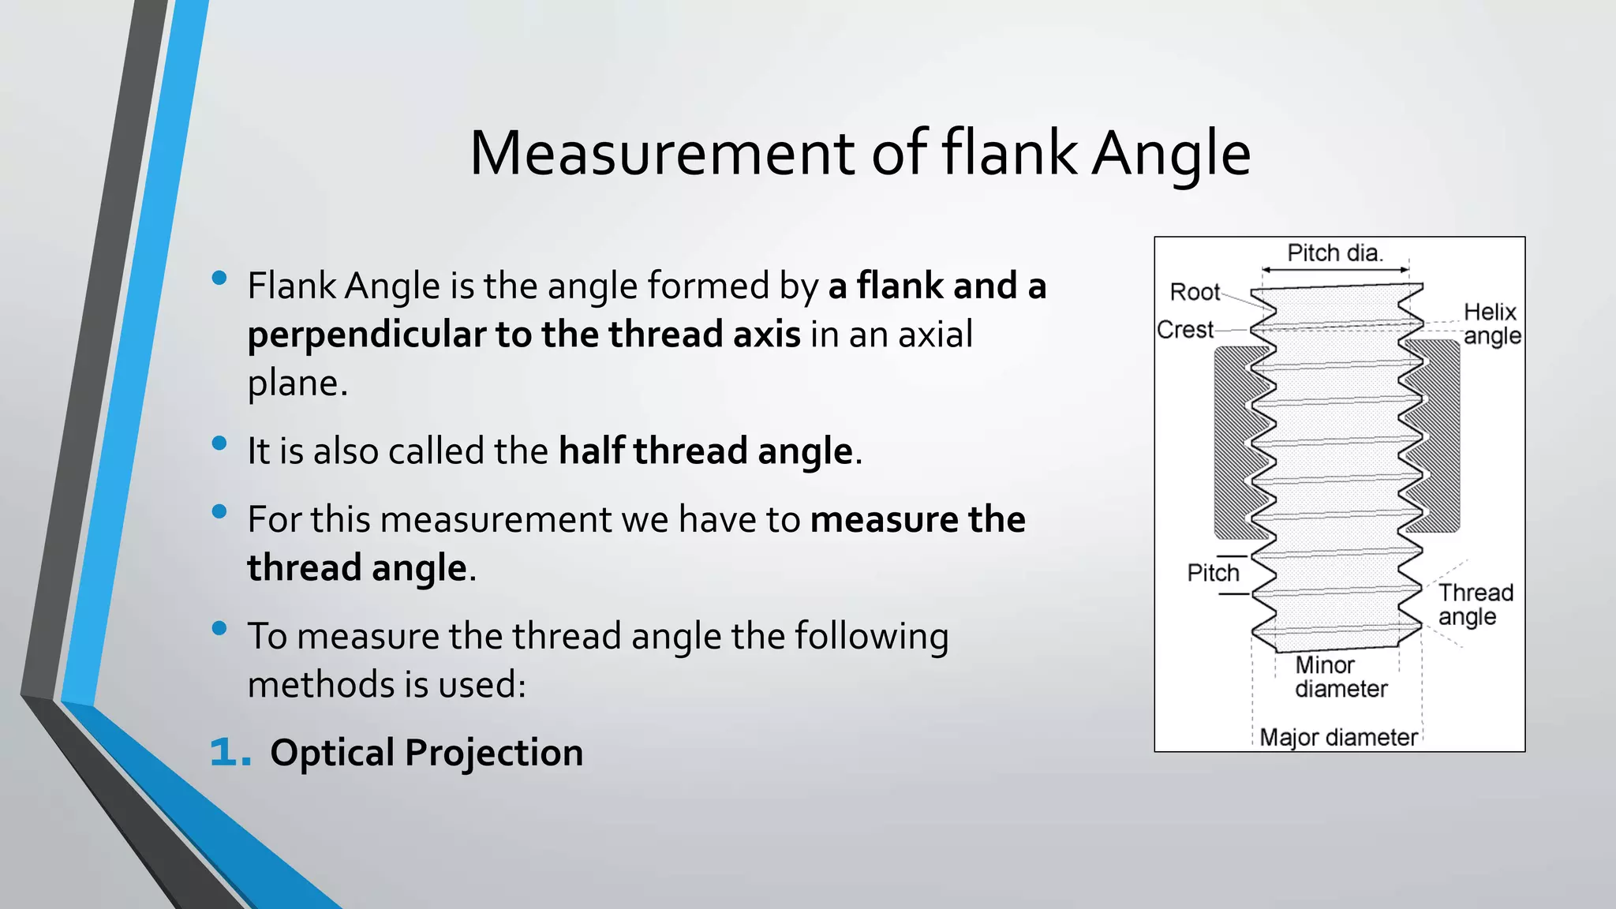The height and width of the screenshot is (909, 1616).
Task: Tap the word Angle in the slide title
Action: (1171, 155)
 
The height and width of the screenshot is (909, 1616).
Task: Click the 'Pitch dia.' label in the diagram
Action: (1335, 253)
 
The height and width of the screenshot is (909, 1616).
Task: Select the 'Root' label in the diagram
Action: (1195, 292)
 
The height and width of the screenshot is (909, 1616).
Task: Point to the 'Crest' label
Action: (1185, 330)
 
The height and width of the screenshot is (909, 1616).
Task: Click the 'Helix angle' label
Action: (1491, 324)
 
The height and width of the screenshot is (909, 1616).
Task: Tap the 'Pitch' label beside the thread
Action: (1213, 573)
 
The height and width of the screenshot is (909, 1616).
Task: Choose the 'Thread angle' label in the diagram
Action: (1475, 604)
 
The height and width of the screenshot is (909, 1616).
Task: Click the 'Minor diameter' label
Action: (1340, 677)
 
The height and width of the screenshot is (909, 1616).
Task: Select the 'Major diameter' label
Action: (1338, 738)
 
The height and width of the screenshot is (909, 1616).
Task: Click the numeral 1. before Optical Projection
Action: (230, 752)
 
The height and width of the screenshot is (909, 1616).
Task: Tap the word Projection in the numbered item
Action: (494, 753)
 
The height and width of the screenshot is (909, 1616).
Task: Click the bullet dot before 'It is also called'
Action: (219, 443)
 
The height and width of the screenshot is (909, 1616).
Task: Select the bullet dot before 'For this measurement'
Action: (219, 512)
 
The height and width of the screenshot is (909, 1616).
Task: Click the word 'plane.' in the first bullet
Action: (297, 383)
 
